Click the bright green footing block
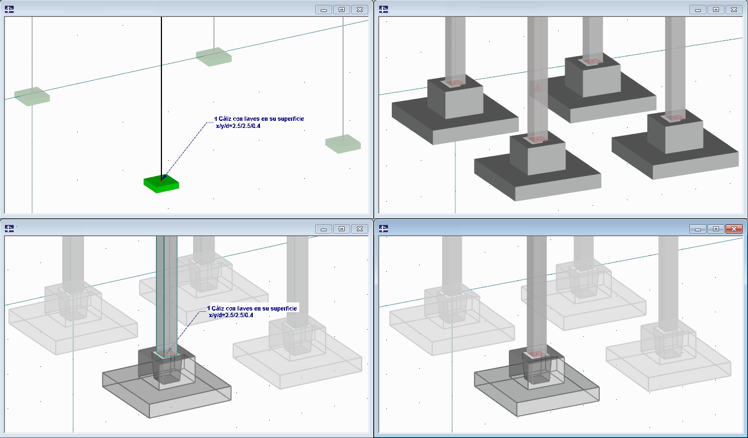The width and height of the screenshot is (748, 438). [161, 184]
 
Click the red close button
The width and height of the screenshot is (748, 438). [734, 229]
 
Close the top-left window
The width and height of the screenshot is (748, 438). [359, 10]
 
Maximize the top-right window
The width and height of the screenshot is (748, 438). [716, 10]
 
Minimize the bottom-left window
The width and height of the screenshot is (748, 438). [323, 229]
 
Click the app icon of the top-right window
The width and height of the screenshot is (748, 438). [384, 9]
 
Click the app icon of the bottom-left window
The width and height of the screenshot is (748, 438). [9, 229]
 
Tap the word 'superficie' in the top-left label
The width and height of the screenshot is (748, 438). [291, 119]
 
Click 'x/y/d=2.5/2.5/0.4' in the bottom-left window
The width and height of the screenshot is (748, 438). [231, 316]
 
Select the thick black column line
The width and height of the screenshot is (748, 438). [161, 97]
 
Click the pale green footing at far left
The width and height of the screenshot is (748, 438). [32, 96]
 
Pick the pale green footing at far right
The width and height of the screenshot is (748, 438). [343, 144]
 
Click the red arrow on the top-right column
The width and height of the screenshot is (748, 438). [538, 87]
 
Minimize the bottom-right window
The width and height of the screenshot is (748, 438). [698, 229]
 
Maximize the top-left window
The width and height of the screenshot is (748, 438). [341, 10]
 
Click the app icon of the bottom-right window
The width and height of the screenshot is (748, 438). [384, 229]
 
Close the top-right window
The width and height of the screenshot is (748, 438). [734, 10]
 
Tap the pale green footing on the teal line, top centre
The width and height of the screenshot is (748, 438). [214, 57]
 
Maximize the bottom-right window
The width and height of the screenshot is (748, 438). [716, 229]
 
